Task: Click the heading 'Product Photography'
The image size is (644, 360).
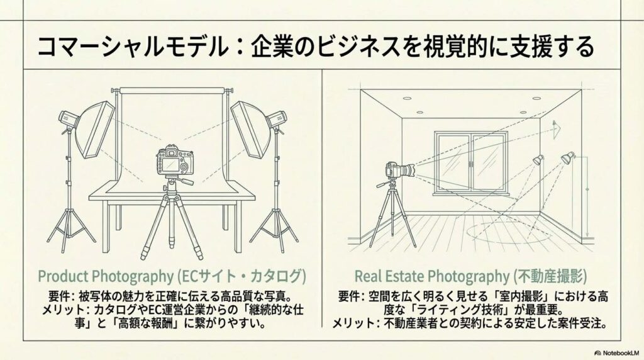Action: click(106, 276)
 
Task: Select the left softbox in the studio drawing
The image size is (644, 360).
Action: click(94, 130)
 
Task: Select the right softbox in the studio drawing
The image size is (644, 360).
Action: click(250, 130)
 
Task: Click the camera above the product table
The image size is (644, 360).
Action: click(175, 160)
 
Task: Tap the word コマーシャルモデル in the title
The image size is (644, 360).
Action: click(132, 47)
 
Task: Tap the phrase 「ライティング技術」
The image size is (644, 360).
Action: click(450, 310)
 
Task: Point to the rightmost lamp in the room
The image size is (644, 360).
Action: click(568, 158)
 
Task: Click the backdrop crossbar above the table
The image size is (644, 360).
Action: click(172, 91)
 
